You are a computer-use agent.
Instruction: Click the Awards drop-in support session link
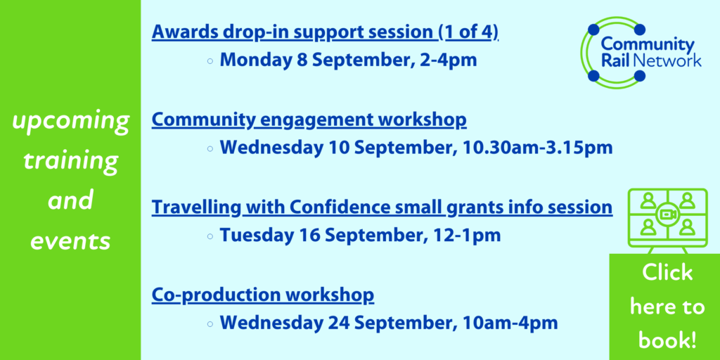tap(325, 32)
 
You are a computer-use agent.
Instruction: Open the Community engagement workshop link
tap(309, 120)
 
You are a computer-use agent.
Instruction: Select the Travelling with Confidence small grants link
tap(382, 208)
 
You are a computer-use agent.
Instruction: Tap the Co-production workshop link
tap(263, 296)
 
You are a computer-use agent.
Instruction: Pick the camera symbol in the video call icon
tap(667, 215)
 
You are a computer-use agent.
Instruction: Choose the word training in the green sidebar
tap(70, 162)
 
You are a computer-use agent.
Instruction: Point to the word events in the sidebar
tap(70, 240)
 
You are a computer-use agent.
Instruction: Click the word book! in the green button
tap(667, 340)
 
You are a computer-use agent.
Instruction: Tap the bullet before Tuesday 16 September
tap(210, 237)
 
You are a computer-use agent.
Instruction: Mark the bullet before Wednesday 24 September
tap(210, 324)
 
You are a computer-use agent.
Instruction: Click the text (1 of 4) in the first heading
tap(468, 32)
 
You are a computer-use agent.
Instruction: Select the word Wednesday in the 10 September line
tap(283, 148)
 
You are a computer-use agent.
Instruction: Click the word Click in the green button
tap(667, 273)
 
